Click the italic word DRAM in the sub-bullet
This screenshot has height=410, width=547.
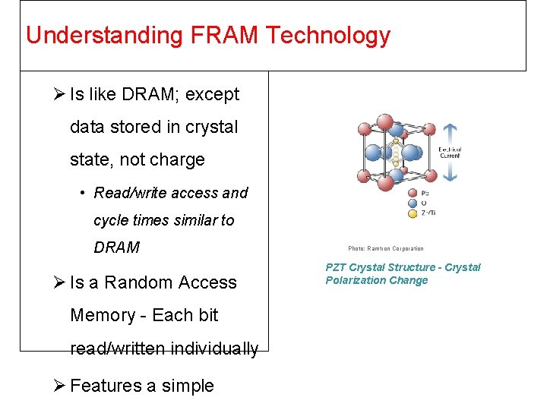click(x=117, y=248)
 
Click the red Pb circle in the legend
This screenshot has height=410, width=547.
click(x=412, y=193)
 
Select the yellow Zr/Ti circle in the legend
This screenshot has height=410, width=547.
click(x=412, y=213)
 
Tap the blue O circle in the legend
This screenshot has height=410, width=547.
click(x=412, y=203)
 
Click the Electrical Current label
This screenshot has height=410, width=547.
click(x=450, y=152)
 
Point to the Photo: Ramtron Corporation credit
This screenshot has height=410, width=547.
click(x=386, y=248)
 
